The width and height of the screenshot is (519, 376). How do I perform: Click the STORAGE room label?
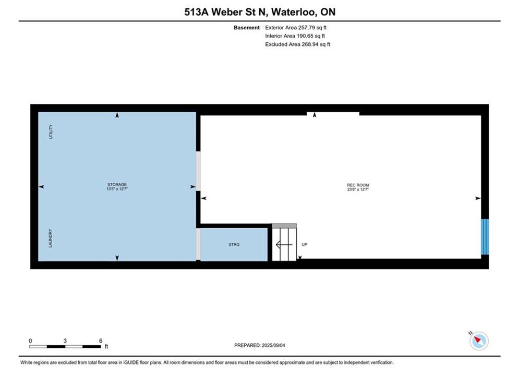tap(117, 184)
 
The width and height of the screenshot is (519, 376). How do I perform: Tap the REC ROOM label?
tap(358, 185)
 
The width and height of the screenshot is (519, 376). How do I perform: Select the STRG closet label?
tap(234, 244)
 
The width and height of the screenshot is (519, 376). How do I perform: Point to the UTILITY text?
tap(51, 132)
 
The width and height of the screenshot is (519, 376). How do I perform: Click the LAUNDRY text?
tap(51, 238)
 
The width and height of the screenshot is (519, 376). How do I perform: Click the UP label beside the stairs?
tap(305, 244)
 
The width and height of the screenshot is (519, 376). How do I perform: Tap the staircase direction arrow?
tap(284, 245)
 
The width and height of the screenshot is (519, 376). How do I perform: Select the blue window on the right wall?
tap(485, 237)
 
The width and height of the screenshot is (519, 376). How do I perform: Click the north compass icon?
tap(479, 340)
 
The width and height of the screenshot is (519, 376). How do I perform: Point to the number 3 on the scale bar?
tap(65, 340)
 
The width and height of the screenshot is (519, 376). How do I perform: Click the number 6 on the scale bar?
tap(101, 340)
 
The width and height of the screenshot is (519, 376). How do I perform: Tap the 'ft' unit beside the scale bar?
tap(106, 347)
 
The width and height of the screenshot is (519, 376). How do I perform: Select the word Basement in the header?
tap(247, 28)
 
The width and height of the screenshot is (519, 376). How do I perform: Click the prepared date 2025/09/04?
tap(273, 345)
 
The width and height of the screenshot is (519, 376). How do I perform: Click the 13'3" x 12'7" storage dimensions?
tap(117, 189)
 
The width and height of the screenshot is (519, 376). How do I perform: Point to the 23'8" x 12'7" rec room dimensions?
tap(358, 190)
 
